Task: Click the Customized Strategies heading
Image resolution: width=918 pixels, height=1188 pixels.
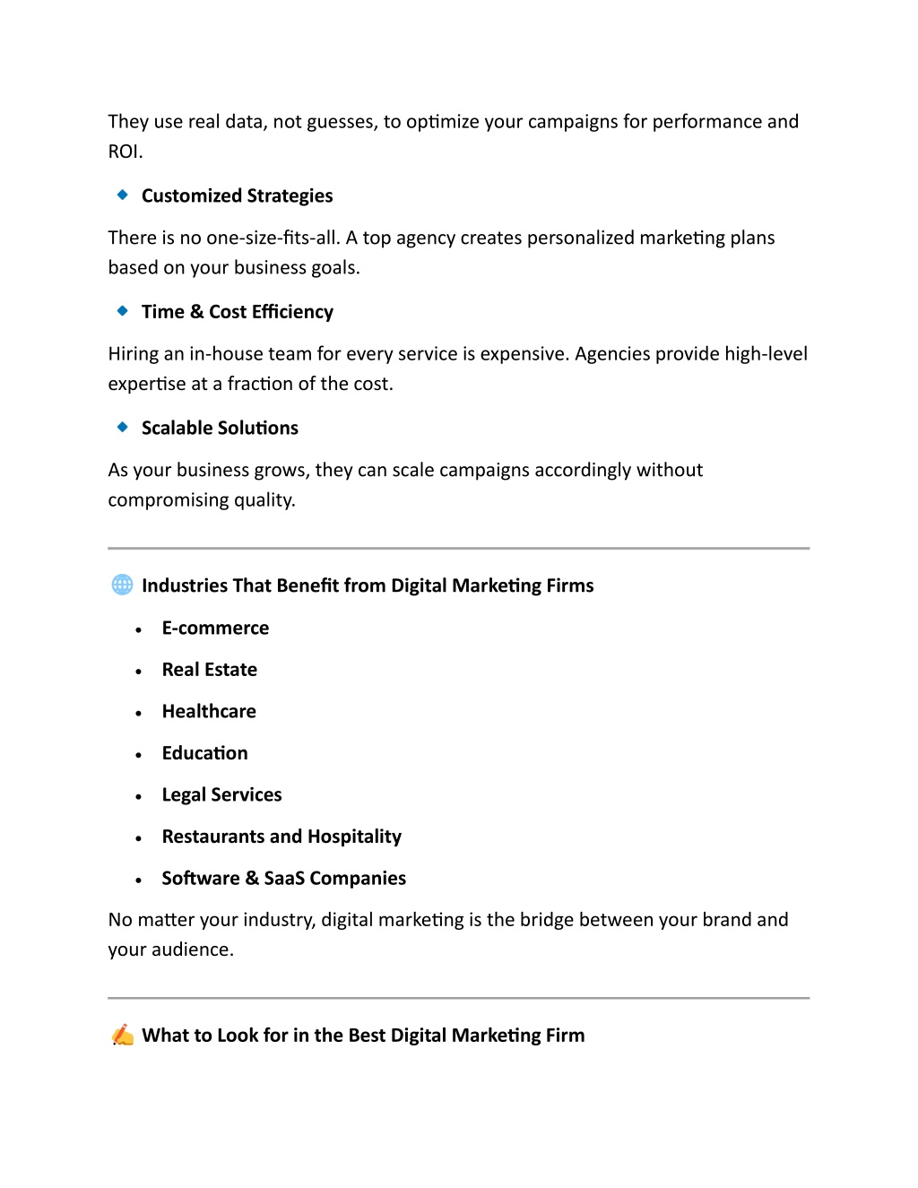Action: [x=237, y=195]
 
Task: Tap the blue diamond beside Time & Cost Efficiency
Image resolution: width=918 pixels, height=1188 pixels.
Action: [x=123, y=311]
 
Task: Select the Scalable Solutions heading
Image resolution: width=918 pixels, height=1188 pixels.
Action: [x=220, y=428]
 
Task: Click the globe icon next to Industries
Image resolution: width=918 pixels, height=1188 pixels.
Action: [x=122, y=585]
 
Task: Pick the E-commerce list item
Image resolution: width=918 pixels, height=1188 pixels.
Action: [x=215, y=628]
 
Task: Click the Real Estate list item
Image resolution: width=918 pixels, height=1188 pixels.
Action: [x=209, y=670]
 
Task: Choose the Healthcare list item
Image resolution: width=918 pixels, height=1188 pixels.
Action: [x=209, y=711]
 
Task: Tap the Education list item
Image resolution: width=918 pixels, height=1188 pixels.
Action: [x=204, y=753]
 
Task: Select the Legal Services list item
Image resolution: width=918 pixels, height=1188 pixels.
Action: [x=221, y=794]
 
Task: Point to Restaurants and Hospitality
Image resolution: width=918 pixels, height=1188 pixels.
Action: [x=281, y=837]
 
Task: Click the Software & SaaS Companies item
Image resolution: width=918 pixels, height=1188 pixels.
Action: [x=283, y=878]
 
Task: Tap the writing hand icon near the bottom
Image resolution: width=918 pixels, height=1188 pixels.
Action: [x=123, y=1035]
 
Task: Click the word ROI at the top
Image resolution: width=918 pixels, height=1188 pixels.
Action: [x=124, y=152]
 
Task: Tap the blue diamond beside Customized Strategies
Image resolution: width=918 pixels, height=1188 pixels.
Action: [x=123, y=195]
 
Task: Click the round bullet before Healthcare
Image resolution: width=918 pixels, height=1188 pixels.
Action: [x=139, y=714]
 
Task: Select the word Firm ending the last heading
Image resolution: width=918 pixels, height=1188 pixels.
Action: [x=565, y=1036]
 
